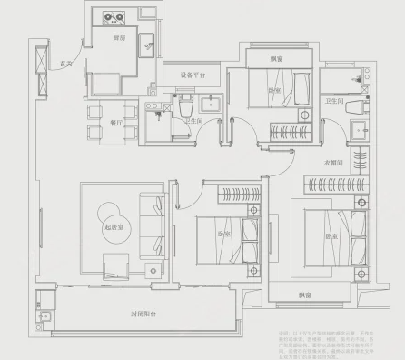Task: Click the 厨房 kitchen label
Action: coord(118,39)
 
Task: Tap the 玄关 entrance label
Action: coord(64,65)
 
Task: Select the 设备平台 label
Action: coord(193,75)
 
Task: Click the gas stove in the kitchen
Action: coord(114,16)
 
